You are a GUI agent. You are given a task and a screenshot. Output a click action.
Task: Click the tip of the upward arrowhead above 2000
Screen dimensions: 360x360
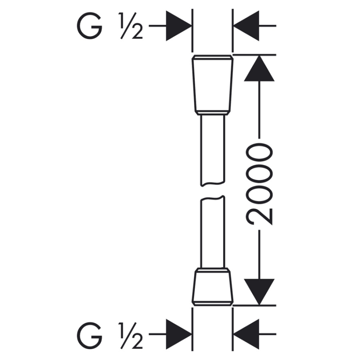(x=259, y=56)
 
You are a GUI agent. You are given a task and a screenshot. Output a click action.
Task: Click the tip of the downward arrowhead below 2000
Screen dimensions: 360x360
(x=259, y=305)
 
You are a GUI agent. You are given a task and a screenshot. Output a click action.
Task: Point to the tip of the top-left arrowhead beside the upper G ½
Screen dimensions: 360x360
(x=192, y=26)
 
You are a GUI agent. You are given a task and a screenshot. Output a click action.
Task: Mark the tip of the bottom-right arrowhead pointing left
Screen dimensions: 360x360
(x=234, y=334)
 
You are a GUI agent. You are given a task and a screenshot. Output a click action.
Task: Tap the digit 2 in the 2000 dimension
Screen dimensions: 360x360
(x=259, y=216)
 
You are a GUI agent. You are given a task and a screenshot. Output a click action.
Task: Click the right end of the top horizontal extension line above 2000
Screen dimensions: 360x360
(x=276, y=55)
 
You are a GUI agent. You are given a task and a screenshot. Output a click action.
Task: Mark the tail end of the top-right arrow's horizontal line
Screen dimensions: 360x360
(x=276, y=26)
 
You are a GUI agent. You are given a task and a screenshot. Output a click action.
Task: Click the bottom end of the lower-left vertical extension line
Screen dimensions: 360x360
(x=192, y=351)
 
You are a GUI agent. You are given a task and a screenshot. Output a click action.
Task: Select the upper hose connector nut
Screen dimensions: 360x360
(x=213, y=85)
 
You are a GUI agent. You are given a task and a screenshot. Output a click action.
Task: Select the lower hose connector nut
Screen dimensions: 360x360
(x=213, y=286)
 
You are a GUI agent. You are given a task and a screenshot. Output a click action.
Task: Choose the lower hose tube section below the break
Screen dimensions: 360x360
(x=213, y=232)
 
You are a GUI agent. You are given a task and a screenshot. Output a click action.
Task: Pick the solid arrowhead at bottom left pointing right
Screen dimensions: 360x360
(x=179, y=334)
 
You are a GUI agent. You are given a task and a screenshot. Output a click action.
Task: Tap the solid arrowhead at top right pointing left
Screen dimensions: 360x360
(x=246, y=26)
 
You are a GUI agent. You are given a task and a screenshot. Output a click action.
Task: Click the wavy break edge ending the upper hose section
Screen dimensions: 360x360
(x=213, y=184)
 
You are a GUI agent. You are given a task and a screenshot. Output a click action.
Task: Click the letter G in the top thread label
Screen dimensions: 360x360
(x=90, y=26)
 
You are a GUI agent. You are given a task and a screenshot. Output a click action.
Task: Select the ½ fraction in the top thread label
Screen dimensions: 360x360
(x=131, y=26)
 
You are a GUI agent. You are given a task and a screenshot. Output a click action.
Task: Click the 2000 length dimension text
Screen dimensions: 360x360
(x=259, y=184)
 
